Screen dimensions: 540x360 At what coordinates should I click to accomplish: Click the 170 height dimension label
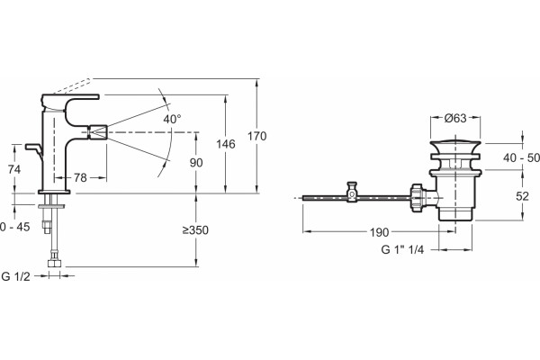click(256, 137)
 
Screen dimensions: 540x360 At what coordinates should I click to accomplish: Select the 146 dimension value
click(226, 144)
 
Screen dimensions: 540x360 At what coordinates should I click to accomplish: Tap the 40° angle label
click(172, 119)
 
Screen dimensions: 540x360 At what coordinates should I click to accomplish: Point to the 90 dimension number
click(196, 163)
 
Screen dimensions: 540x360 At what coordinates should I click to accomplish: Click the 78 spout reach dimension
click(80, 178)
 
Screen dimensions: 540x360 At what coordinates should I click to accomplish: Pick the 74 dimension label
click(14, 169)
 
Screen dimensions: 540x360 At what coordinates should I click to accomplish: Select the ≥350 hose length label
click(195, 230)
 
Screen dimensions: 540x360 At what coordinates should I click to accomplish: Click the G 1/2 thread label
click(16, 276)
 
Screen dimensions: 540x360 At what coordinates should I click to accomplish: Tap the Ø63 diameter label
click(455, 118)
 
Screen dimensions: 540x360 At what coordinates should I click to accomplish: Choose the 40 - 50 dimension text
click(521, 157)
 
